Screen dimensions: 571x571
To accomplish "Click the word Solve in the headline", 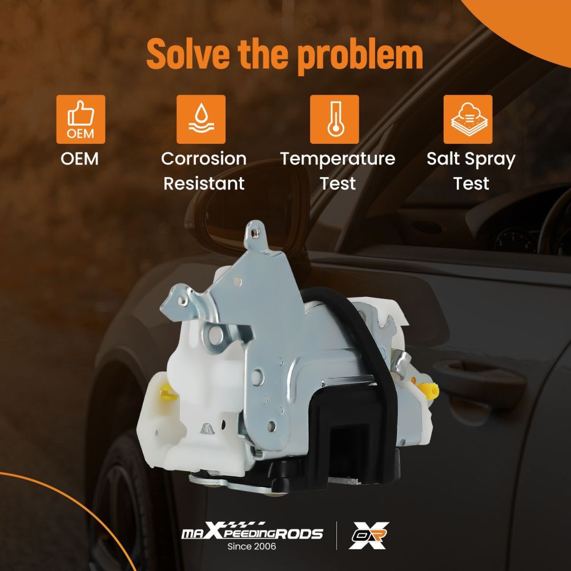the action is tap(188, 54).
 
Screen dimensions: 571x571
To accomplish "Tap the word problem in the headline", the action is tap(360, 56).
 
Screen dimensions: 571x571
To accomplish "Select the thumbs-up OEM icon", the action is tap(81, 119).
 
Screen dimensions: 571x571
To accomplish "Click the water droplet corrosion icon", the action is tap(201, 119).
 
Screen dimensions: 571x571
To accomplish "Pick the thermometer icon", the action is tap(334, 119).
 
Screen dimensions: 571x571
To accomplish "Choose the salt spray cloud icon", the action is tap(468, 119).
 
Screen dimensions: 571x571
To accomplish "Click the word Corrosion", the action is tap(204, 159).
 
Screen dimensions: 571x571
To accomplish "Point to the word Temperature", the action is tap(337, 159).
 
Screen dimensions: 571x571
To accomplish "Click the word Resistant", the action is tap(204, 183).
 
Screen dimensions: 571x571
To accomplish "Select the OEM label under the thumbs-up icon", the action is tap(79, 159).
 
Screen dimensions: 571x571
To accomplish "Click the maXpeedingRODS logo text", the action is tap(252, 532).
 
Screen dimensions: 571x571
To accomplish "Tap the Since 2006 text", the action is tap(252, 546).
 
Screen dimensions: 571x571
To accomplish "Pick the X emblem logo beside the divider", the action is tap(369, 536).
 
